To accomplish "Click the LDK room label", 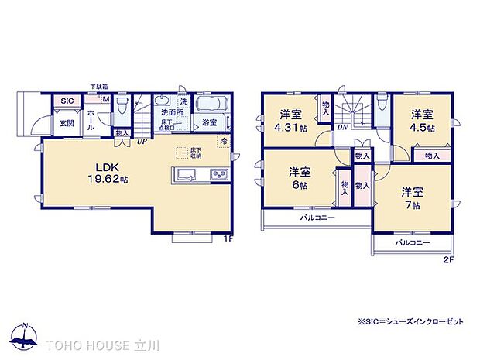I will (106, 166).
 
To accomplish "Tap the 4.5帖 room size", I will (421, 127).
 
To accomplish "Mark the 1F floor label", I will (228, 238).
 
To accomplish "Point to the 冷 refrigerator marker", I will (224, 141).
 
